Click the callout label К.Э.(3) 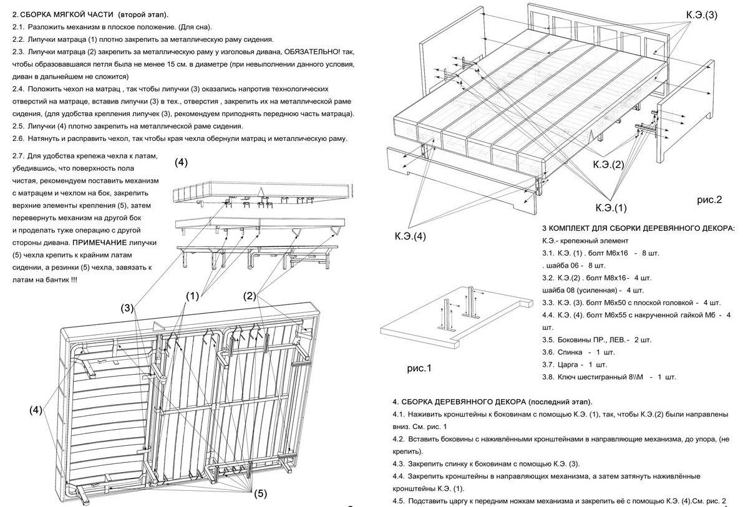pos(702,14)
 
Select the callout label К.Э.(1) pos(611,207)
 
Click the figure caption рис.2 pos(709,200)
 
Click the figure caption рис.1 pos(419,369)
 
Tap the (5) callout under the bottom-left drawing pos(260,493)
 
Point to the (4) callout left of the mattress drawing pos(36,410)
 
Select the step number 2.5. pos(19,126)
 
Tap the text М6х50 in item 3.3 pos(613,302)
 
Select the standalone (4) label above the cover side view pos(180,162)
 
